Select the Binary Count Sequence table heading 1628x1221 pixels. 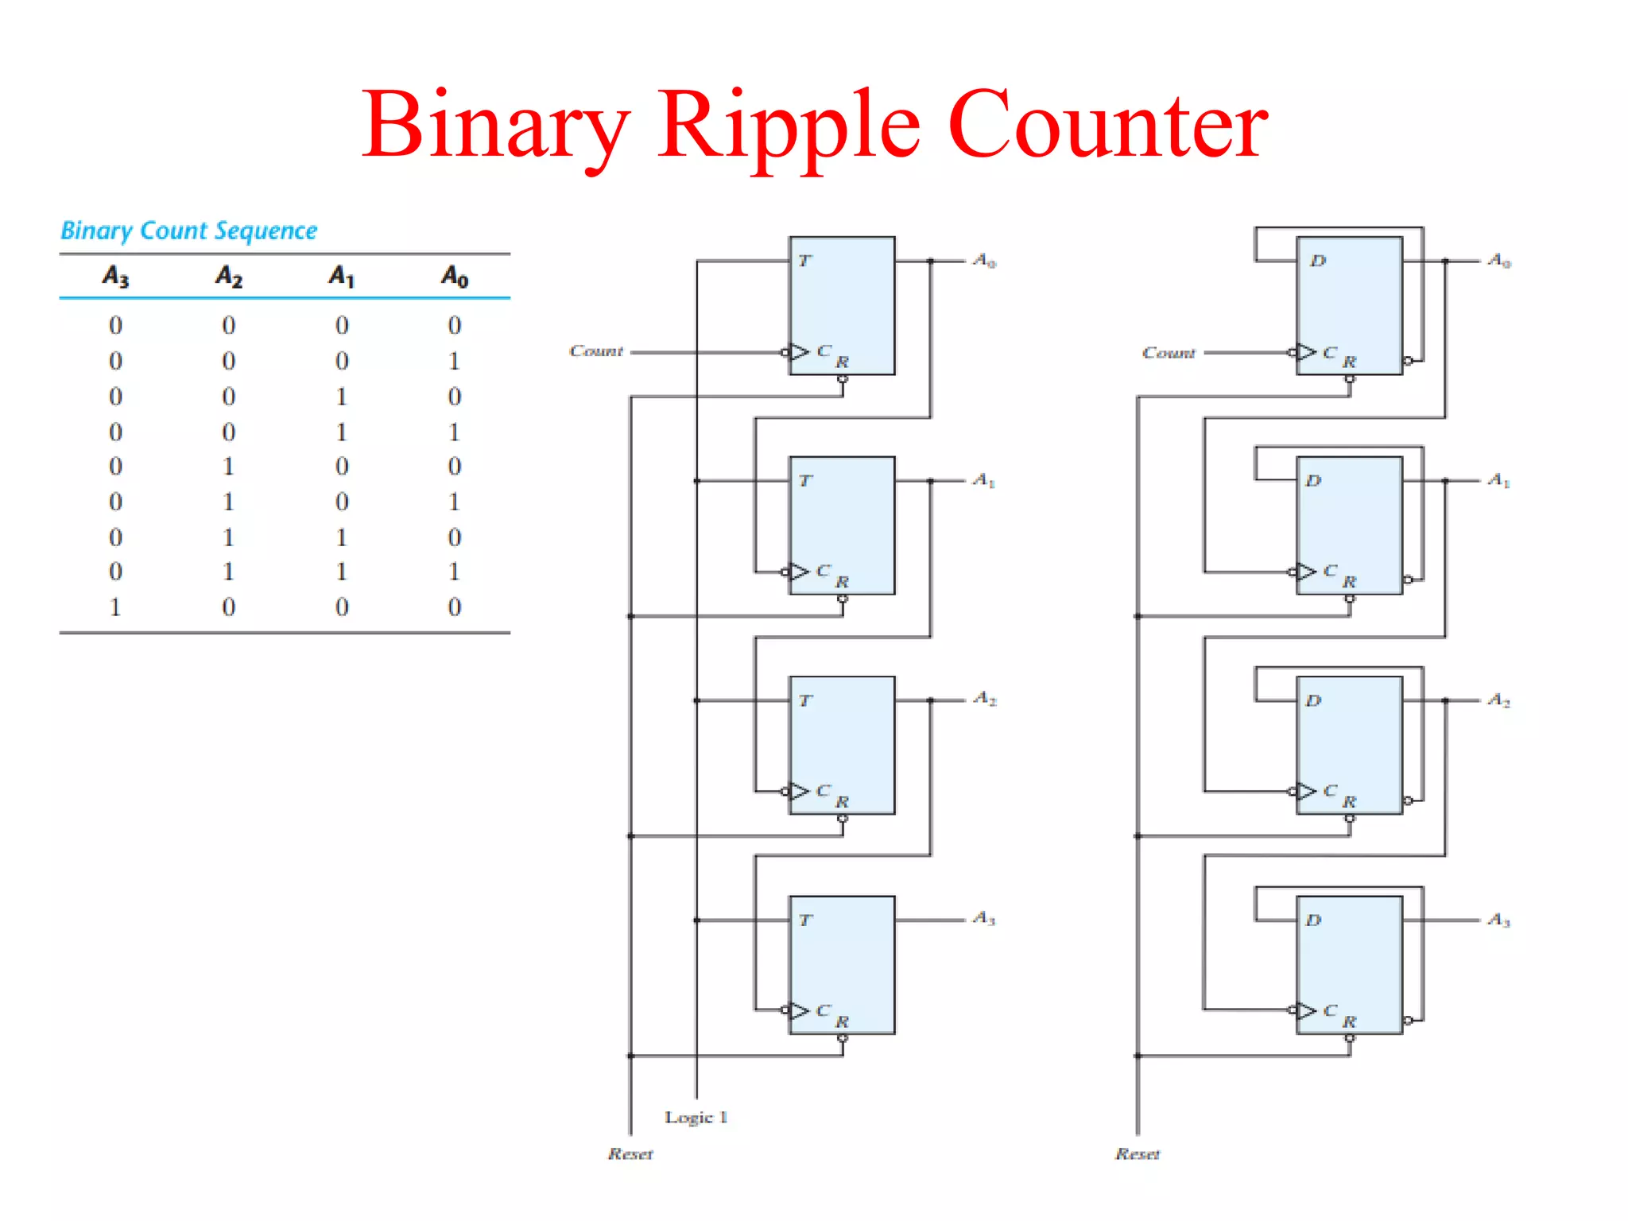click(x=189, y=231)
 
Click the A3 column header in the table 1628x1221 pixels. click(x=115, y=276)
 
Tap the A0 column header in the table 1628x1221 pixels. click(x=455, y=276)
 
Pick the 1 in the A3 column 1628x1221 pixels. click(x=115, y=607)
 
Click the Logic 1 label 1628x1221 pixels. click(x=696, y=1117)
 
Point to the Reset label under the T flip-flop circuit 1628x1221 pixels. click(x=630, y=1153)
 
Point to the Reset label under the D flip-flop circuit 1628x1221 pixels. click(x=1138, y=1153)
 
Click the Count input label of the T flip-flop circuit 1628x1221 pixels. click(x=596, y=351)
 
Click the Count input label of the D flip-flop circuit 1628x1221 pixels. click(x=1169, y=352)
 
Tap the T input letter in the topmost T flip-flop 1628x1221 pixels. click(x=804, y=261)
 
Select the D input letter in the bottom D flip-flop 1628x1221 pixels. click(x=1313, y=921)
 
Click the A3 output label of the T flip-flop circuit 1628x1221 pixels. click(x=984, y=919)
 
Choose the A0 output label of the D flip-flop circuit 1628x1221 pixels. click(x=1499, y=261)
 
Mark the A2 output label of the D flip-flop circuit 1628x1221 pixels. click(x=1499, y=700)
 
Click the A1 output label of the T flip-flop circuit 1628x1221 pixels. click(x=984, y=480)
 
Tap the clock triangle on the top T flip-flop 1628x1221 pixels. click(x=799, y=351)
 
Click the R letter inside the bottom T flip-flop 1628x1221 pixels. click(x=842, y=1021)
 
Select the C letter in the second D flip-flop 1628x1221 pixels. click(x=1330, y=571)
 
